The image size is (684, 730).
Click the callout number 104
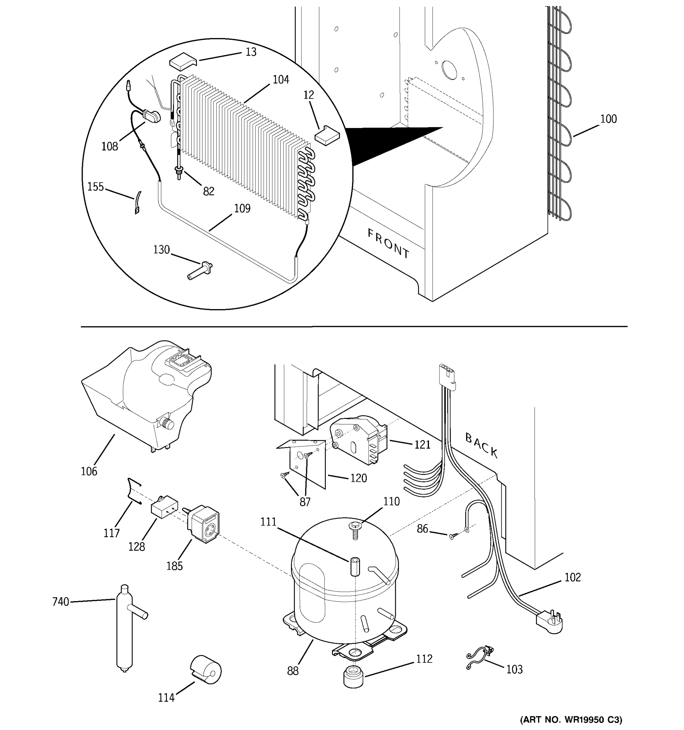tap(281, 80)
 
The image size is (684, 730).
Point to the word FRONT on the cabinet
tap(388, 243)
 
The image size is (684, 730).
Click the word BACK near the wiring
tap(481, 445)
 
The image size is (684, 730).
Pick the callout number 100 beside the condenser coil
tap(608, 119)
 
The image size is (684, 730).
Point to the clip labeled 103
tap(478, 659)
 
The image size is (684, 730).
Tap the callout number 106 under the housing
tap(89, 471)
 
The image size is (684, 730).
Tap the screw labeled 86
tap(452, 537)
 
